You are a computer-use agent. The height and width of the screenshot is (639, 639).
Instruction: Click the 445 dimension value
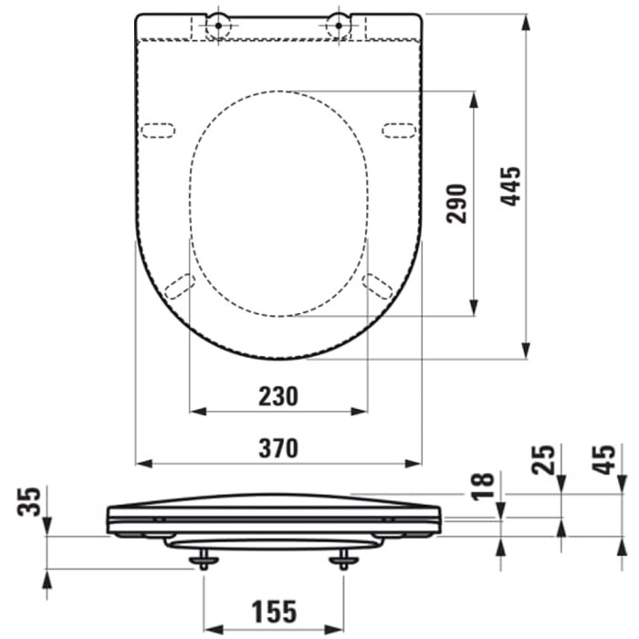pos(511,186)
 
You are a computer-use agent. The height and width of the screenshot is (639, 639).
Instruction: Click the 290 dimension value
pos(456,204)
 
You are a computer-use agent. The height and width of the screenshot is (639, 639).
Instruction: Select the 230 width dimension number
pos(278,396)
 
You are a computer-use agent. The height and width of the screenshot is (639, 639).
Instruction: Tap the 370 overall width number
pos(278,448)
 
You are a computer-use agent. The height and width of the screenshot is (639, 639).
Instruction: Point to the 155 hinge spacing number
pos(274,612)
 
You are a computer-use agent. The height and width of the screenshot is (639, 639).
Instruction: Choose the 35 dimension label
pos(29,501)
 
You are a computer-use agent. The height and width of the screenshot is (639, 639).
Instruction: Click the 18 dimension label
pos(483,487)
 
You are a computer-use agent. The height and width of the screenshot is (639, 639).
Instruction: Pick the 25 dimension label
pos(543,460)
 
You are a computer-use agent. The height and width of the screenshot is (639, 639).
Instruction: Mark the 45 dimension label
pos(603,460)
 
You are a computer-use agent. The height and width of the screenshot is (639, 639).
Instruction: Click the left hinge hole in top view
pos(218,26)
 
